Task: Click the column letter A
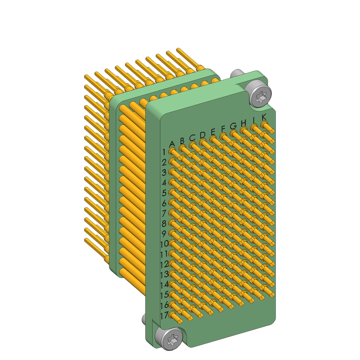click(x=172, y=144)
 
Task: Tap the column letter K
click(x=264, y=117)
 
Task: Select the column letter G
click(x=233, y=126)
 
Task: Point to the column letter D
click(x=202, y=135)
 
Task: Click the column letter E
click(x=213, y=132)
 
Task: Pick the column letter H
click(x=244, y=123)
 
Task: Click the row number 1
click(x=164, y=152)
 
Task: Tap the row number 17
click(x=164, y=316)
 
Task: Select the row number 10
click(x=164, y=244)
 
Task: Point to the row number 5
click(x=164, y=193)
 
